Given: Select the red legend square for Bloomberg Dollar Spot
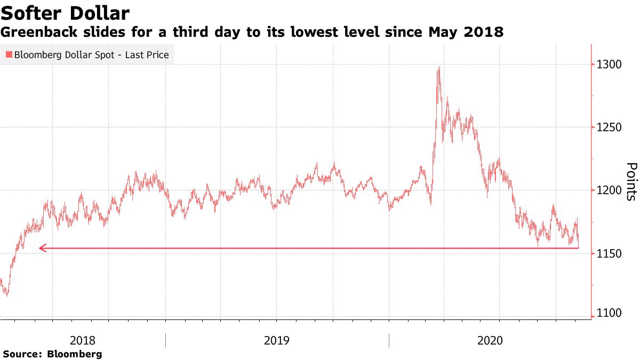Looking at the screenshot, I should [9, 55].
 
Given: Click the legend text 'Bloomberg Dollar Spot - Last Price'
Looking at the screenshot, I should [91, 55].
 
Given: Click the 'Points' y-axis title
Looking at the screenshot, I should [630, 181].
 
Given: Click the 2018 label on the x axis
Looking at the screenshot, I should [83, 340].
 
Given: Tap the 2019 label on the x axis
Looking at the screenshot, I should [277, 340].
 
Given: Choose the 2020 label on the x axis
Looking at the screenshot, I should [489, 340].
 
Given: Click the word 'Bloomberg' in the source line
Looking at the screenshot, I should [75, 354].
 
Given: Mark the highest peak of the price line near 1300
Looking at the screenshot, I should [438, 68].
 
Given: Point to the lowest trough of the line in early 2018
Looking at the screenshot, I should [6, 295].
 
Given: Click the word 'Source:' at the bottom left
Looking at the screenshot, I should [23, 354].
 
